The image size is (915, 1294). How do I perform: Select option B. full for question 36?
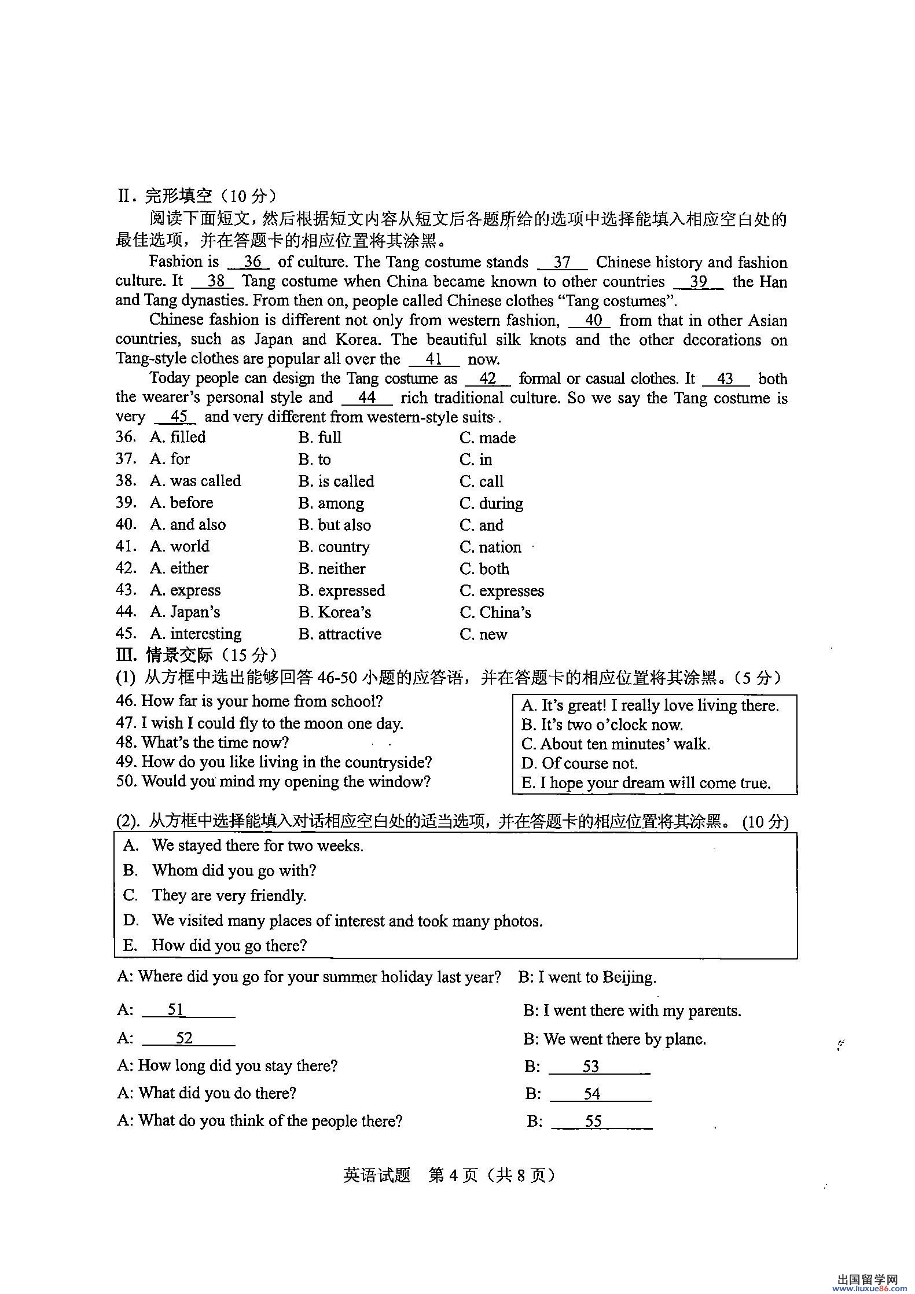point(319,438)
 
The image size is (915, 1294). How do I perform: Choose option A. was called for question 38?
point(195,481)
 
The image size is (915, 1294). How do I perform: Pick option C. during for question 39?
point(491,503)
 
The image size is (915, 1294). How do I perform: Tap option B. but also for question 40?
point(335,525)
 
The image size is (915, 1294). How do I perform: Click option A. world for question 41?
point(179,547)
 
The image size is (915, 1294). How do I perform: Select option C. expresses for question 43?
point(502,591)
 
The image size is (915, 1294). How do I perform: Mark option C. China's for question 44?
point(495,613)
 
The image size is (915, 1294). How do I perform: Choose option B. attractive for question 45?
point(340,634)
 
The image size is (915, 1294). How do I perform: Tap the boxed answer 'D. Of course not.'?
point(579,764)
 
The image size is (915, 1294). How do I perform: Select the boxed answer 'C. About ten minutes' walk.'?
point(615,744)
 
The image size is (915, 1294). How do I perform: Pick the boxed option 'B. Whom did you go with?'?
point(220,870)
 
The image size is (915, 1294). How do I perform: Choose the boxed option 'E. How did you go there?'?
point(215,945)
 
